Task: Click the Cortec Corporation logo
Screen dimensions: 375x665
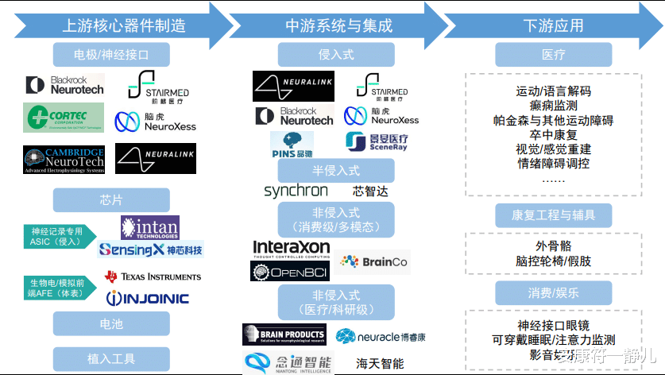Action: (x=63, y=118)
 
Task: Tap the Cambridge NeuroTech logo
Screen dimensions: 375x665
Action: (x=64, y=159)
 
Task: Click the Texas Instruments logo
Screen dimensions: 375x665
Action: (x=153, y=276)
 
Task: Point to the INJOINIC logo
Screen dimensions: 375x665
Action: (x=149, y=298)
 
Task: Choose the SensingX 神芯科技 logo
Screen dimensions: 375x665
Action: (x=150, y=249)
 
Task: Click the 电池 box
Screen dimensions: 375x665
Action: (x=110, y=324)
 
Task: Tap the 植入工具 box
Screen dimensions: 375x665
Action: (x=110, y=358)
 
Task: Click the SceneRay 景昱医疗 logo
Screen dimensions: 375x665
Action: (x=377, y=142)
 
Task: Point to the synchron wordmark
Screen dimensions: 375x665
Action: (x=296, y=191)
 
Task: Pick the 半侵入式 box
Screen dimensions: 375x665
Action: (x=336, y=170)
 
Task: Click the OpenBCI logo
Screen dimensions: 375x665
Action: (x=290, y=272)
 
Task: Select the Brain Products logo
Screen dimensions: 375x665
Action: (x=284, y=334)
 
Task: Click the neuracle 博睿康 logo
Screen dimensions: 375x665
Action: (x=380, y=336)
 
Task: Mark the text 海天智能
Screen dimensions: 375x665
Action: (x=380, y=363)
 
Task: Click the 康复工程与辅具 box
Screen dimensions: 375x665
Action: (x=554, y=215)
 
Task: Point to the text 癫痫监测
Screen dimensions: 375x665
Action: (x=553, y=106)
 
